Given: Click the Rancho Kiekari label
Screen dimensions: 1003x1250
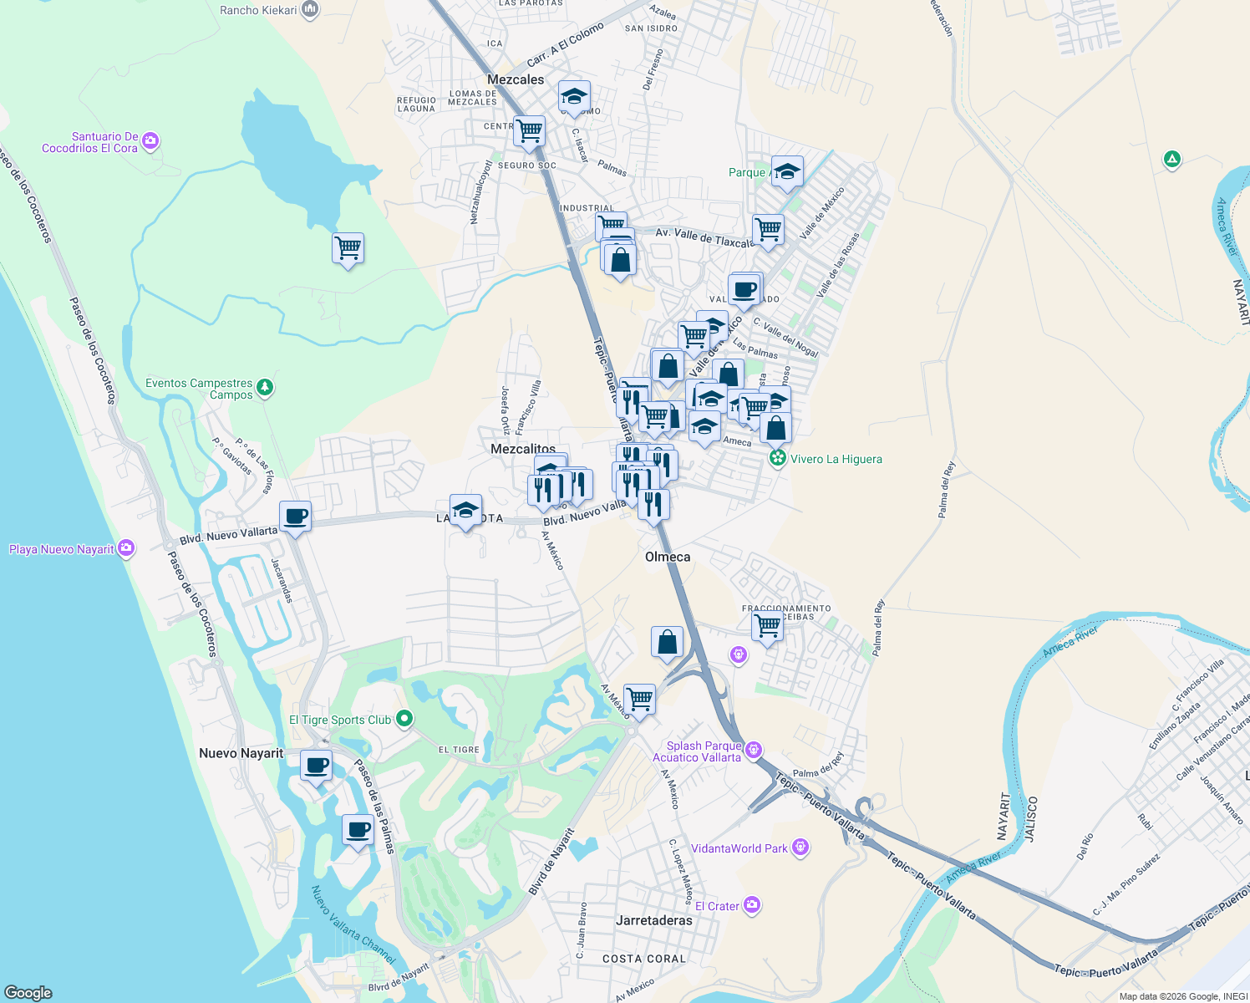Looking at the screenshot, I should tap(258, 10).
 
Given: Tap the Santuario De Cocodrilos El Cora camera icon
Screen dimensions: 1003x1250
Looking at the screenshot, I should tap(150, 141).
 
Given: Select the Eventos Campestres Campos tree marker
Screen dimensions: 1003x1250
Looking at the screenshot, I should tap(265, 387).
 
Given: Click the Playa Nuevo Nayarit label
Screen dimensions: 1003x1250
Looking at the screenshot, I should tap(61, 549).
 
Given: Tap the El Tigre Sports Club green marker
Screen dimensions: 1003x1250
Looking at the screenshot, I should tap(404, 718).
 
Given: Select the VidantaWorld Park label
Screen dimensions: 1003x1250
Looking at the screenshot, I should tap(739, 848).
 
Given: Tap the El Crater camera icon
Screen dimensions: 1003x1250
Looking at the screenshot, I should tap(752, 904).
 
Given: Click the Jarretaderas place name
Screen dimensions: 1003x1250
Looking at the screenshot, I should tap(653, 920).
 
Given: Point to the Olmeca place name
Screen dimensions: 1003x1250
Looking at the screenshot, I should tap(668, 557).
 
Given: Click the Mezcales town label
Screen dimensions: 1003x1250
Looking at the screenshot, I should tap(516, 79).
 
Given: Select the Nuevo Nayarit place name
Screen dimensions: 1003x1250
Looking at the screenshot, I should tap(241, 753).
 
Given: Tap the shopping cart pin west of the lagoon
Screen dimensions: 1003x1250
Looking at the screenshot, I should tap(348, 248).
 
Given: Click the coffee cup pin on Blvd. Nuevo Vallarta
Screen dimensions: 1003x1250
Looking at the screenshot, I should tap(295, 516).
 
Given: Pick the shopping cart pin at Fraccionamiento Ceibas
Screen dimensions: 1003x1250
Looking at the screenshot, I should tap(767, 624).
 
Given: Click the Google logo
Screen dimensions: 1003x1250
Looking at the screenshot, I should tap(28, 993).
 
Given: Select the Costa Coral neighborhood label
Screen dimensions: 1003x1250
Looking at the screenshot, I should tap(643, 959).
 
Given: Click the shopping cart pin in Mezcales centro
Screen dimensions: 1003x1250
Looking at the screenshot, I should tap(529, 130).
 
